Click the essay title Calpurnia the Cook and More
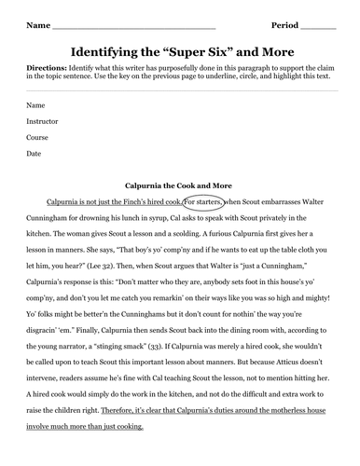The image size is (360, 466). click(x=181, y=184)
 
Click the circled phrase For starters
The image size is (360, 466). click(x=203, y=200)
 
